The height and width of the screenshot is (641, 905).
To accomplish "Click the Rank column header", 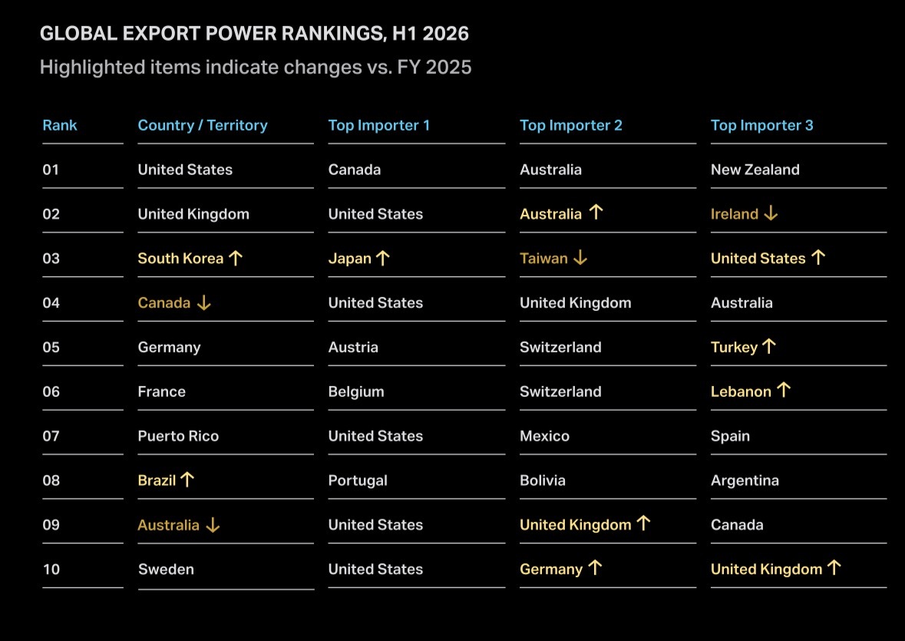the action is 59,125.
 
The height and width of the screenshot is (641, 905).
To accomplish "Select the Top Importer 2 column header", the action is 571,125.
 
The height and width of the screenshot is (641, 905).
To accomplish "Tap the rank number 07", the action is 51,436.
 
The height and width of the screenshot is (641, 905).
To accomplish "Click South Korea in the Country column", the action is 180,259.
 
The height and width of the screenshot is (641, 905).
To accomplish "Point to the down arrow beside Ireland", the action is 771,214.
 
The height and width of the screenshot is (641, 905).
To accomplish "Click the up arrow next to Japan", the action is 383,258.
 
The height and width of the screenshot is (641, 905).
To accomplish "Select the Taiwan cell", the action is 543,259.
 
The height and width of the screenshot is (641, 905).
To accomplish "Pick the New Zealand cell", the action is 755,170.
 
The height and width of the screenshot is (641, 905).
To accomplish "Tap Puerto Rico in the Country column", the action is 178,436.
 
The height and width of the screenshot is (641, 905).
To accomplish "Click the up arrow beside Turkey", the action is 769,347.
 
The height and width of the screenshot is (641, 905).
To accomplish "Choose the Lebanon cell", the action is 741,392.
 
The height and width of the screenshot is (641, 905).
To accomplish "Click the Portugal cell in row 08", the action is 358,481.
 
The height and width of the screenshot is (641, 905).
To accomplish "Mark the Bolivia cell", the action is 543,481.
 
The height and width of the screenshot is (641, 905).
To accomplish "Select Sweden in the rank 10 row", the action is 166,570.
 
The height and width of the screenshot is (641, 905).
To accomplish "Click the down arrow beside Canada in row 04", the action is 203,303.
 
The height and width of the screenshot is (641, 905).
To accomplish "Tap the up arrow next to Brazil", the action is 187,480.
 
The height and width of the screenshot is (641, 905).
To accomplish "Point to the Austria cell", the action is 353,347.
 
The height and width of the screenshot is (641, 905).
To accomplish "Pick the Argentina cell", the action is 745,481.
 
